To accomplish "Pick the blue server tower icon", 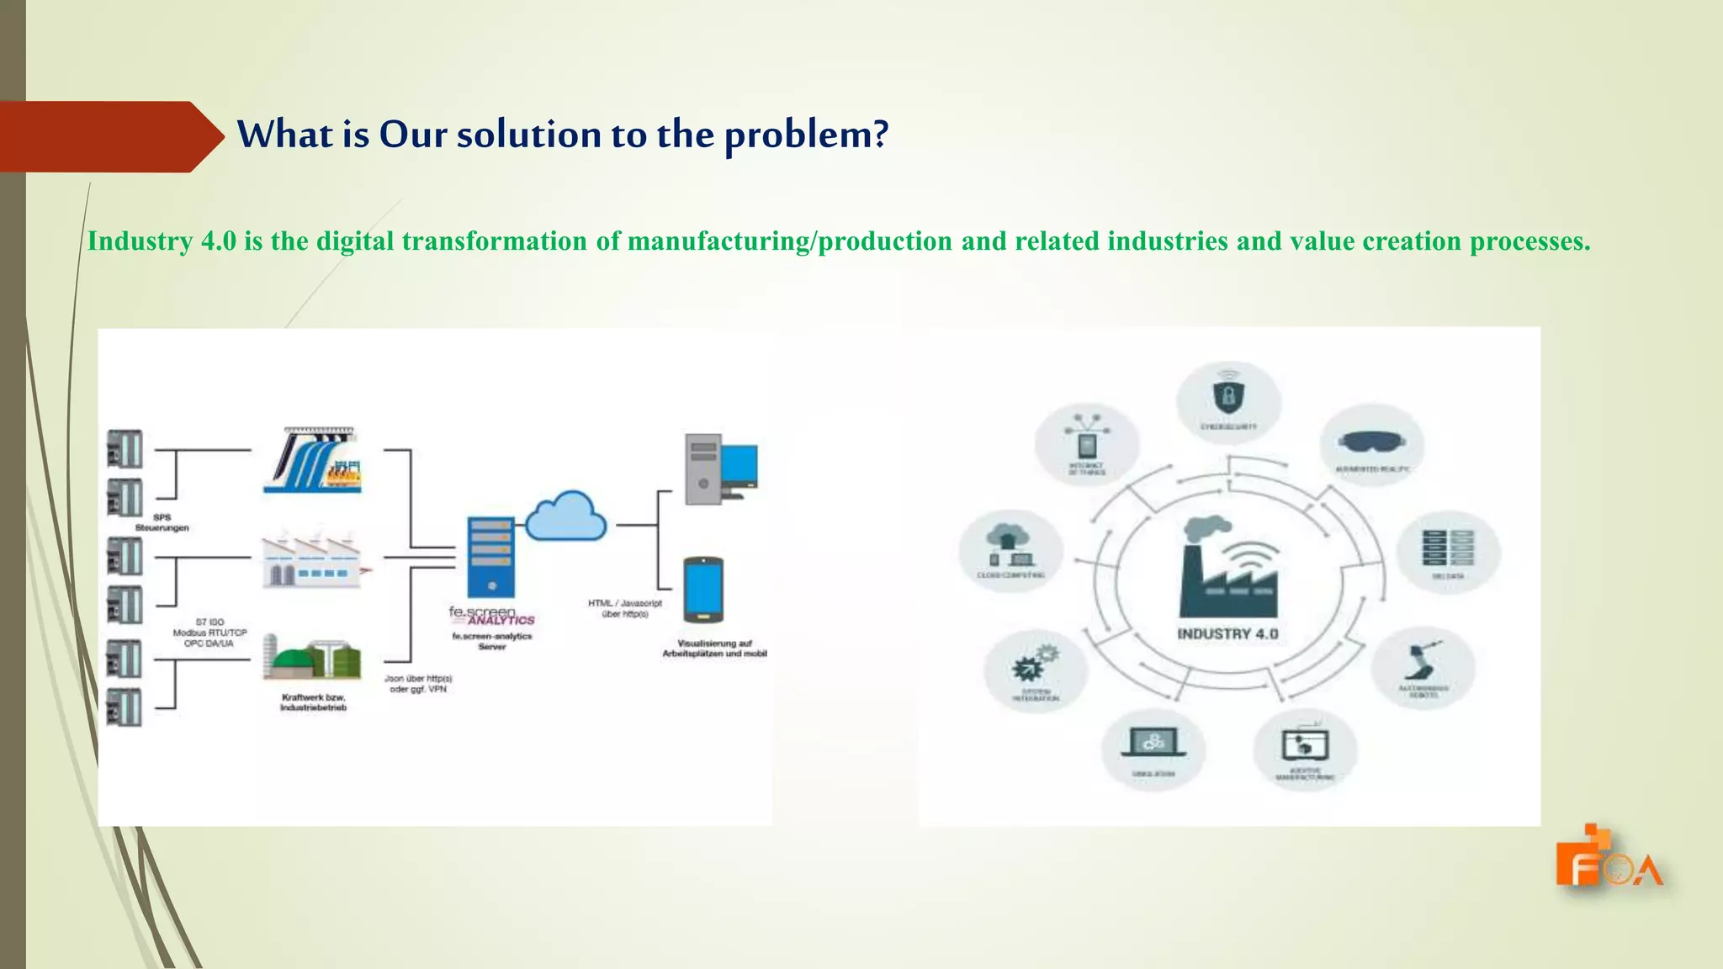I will pos(491,556).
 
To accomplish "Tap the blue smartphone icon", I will pos(703,588).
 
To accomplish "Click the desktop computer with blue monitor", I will pos(720,468).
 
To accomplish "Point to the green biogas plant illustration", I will pos(312,655).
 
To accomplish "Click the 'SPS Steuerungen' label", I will pos(162,522).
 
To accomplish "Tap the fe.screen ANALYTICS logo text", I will pos(491,616).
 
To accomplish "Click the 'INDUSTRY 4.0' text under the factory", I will pos(1227,634).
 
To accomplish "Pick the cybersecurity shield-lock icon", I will pos(1228,395).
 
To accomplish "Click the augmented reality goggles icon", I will pos(1371,441).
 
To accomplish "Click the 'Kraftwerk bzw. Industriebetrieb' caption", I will pos(313,702).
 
